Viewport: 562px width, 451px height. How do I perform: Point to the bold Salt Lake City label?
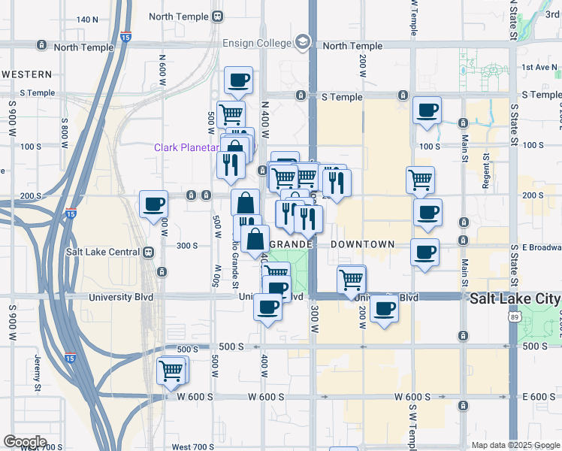pyautogui.click(x=515, y=298)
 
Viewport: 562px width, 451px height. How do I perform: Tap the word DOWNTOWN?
pyautogui.click(x=362, y=244)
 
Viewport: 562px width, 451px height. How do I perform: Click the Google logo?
pyautogui.click(x=25, y=441)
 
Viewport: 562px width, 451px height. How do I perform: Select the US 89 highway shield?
pyautogui.click(x=513, y=319)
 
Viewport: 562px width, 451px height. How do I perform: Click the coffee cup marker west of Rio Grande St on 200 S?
pyautogui.click(x=154, y=204)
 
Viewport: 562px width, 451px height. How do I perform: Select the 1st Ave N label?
pyautogui.click(x=536, y=68)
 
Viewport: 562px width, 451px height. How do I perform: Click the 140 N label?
pyautogui.click(x=87, y=20)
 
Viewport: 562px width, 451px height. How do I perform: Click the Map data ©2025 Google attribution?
pyautogui.click(x=515, y=445)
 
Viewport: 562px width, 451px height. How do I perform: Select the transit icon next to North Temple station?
pyautogui.click(x=218, y=16)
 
